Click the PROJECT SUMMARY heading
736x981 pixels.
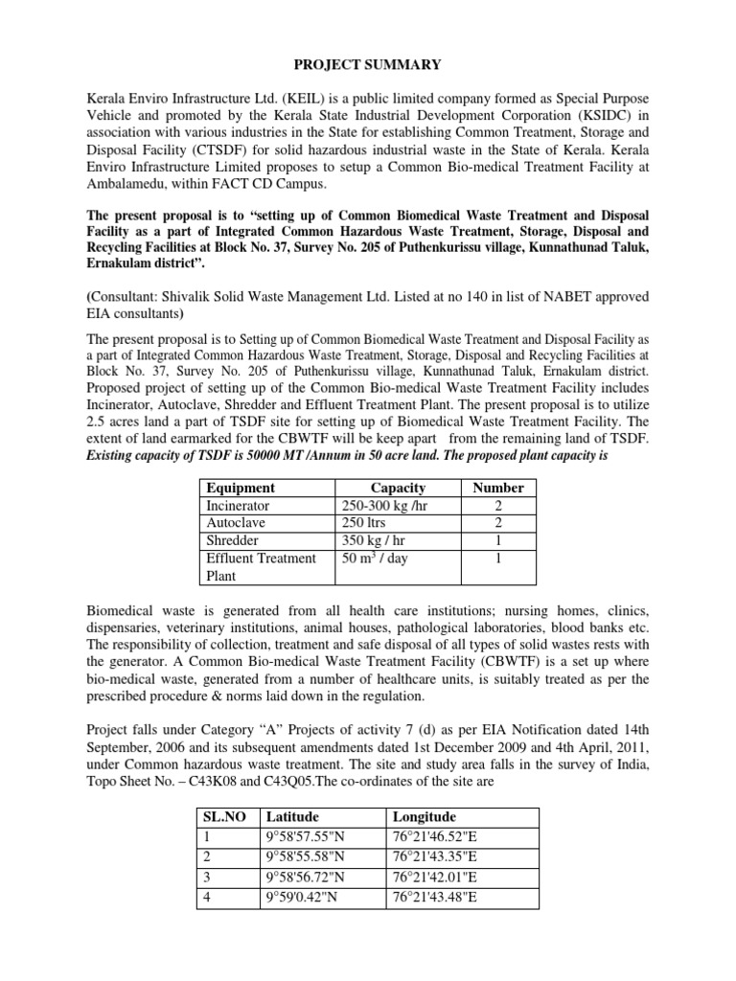point(367,64)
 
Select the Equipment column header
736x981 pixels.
point(241,487)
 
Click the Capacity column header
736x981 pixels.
point(398,487)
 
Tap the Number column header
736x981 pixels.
point(498,487)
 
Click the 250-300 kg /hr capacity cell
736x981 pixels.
point(383,505)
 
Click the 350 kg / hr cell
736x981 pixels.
point(375,540)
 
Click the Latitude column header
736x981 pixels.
point(294,816)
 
